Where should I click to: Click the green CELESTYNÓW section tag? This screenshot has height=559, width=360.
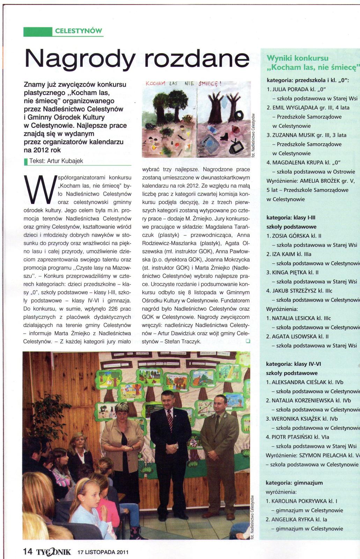point(78,31)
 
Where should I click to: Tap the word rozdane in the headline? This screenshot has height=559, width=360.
point(197,58)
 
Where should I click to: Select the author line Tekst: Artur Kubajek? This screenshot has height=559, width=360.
point(56,161)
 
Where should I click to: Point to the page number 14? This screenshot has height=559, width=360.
point(28,552)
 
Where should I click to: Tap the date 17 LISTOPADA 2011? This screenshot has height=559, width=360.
point(103,552)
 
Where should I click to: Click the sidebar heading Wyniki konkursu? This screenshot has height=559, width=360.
point(297,58)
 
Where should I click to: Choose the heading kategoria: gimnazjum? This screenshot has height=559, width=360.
point(294,483)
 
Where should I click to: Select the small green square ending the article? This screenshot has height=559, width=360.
point(248,341)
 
